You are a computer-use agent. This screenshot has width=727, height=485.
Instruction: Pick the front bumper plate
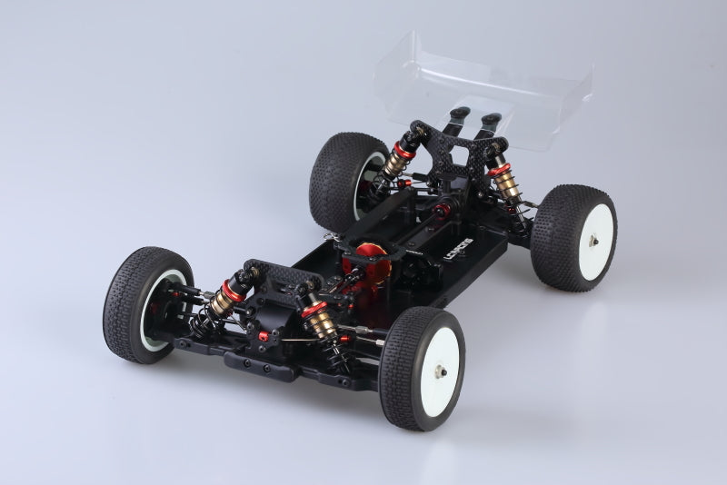273,366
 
